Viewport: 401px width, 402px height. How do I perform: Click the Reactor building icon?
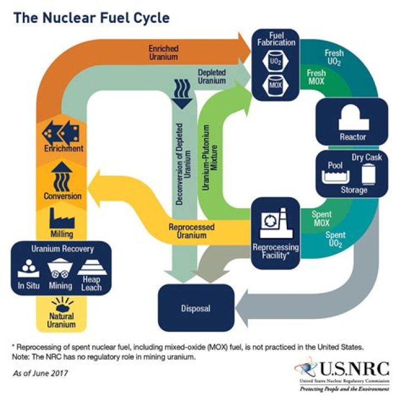[x=352, y=119]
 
